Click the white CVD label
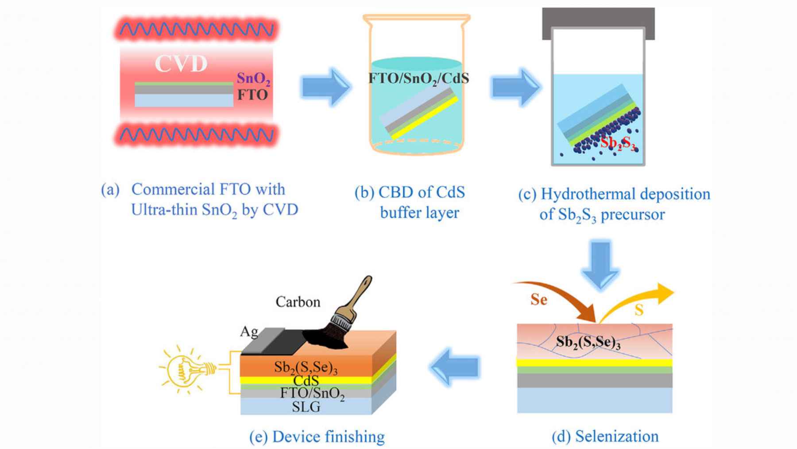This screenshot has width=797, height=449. click(x=181, y=63)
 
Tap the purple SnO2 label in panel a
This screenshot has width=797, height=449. click(x=253, y=78)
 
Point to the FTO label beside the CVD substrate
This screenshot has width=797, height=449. click(x=252, y=94)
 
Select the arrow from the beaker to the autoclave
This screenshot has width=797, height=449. click(x=515, y=87)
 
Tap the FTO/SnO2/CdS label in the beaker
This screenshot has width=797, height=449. click(x=418, y=78)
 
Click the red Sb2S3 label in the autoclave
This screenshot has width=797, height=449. click(x=618, y=143)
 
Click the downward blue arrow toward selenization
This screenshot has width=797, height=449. click(x=600, y=264)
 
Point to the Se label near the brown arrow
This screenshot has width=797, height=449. click(x=539, y=300)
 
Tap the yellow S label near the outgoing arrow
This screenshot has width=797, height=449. click(x=638, y=310)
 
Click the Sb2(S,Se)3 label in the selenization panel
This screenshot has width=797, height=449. click(x=588, y=343)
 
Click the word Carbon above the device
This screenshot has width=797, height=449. click(x=298, y=302)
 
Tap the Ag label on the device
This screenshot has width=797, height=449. click(x=249, y=332)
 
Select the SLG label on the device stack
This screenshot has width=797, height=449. click(x=306, y=406)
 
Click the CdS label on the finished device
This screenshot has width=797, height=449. click(x=306, y=380)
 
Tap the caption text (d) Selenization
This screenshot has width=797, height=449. click(x=605, y=436)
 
